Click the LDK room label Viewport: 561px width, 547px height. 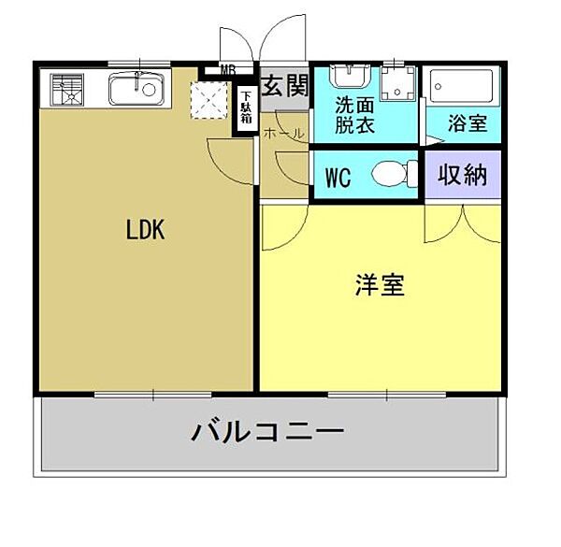coord(146,230)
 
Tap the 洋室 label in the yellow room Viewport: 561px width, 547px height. coord(380,286)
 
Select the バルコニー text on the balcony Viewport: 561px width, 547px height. coord(268,432)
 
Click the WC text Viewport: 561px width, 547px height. coord(338,177)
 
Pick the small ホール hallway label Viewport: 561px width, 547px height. coord(283,134)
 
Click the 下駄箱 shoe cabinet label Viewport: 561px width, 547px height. coord(245,108)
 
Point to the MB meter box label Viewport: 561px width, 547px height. coord(228,69)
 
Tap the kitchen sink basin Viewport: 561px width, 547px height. coord(137,90)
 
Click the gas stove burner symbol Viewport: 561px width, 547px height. coord(67,90)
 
